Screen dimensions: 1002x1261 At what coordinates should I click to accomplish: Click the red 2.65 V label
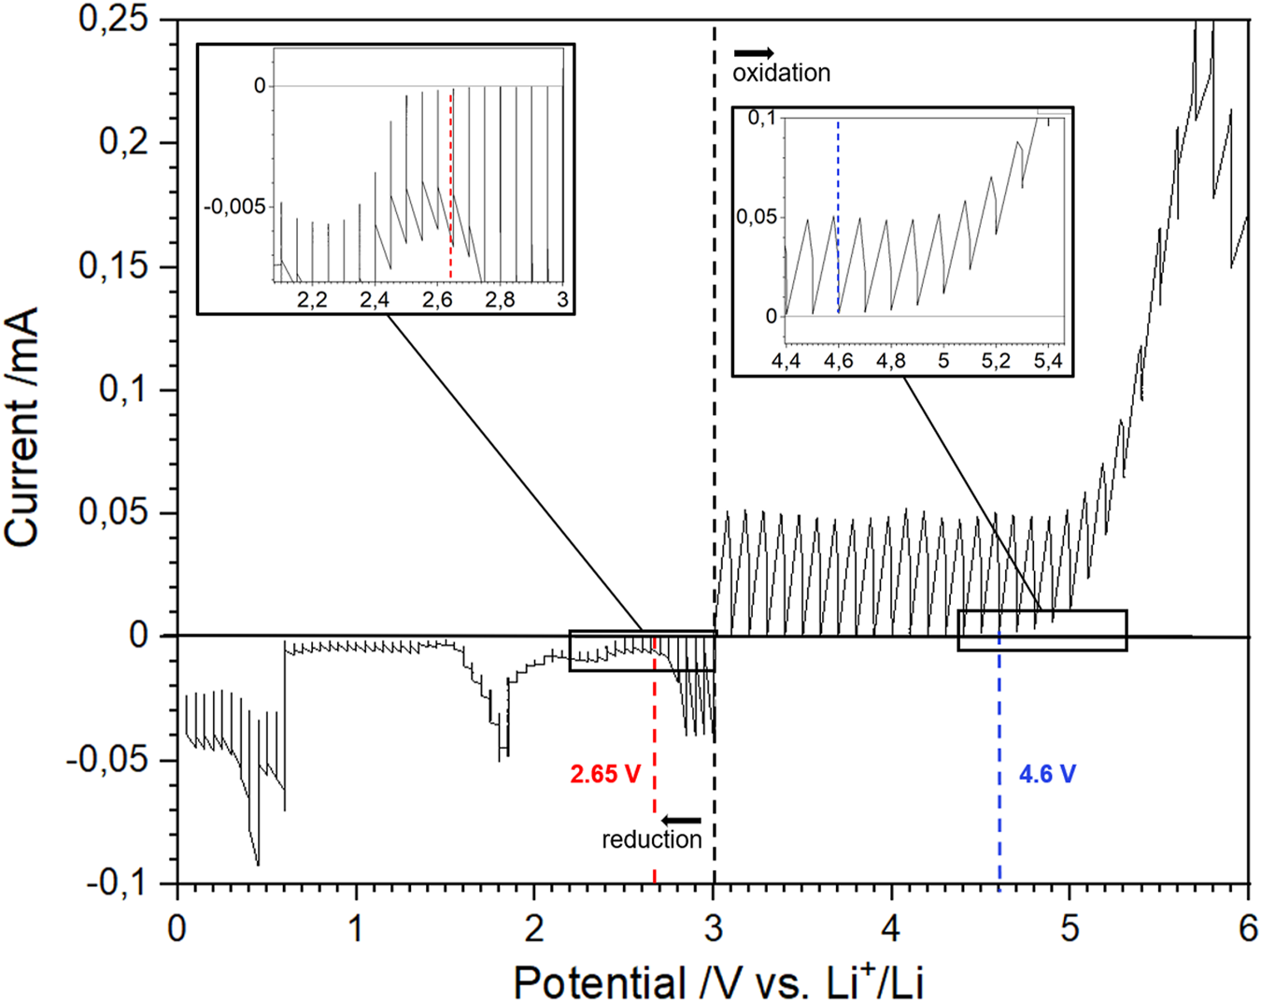click(605, 774)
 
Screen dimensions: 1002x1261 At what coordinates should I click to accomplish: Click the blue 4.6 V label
click(1047, 774)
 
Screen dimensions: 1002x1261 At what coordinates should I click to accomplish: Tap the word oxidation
click(781, 73)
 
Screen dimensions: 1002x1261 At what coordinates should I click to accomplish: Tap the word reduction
click(651, 839)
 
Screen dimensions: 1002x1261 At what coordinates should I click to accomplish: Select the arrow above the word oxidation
click(754, 53)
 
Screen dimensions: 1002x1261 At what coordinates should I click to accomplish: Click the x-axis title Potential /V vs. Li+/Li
click(718, 981)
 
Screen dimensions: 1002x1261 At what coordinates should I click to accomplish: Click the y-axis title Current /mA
click(22, 426)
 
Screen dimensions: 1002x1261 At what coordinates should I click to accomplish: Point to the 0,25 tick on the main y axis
click(113, 20)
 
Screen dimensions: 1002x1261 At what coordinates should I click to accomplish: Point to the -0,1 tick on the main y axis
click(118, 882)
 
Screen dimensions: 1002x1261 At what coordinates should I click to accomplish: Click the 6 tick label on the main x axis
click(1249, 930)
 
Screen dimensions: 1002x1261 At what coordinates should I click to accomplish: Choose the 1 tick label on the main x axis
click(356, 930)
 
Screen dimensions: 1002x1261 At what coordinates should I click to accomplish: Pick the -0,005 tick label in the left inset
click(234, 207)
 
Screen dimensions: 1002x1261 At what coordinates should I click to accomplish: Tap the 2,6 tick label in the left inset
click(437, 300)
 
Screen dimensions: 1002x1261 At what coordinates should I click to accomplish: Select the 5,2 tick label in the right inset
click(996, 361)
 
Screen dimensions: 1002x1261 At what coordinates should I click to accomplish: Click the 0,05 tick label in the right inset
click(757, 217)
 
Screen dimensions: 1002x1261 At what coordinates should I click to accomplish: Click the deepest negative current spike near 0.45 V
click(258, 862)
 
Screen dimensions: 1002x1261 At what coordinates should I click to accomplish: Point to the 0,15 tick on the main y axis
click(113, 266)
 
